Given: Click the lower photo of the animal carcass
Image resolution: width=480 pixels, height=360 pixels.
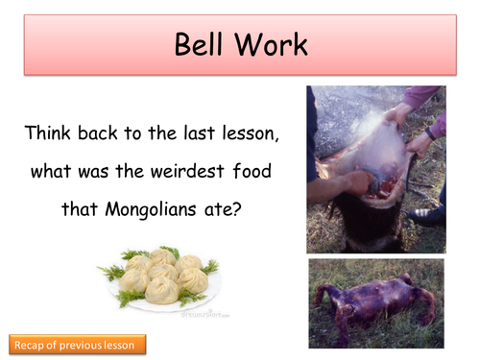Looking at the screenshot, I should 375,303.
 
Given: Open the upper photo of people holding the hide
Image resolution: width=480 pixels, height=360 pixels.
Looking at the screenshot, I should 375,170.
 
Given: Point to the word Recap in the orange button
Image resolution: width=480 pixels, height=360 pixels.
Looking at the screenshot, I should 33,344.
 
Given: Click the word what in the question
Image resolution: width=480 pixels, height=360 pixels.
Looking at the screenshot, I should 51,173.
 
